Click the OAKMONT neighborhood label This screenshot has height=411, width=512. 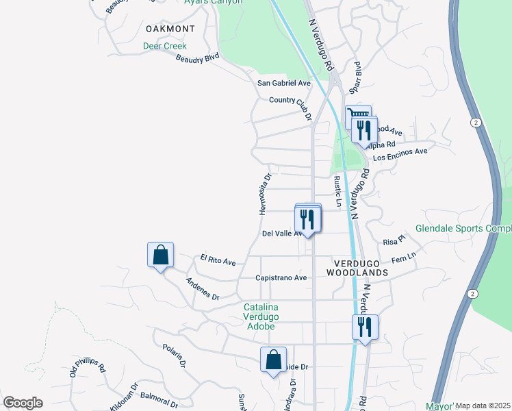[x=170, y=29]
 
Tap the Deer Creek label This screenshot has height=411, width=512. [x=164, y=47]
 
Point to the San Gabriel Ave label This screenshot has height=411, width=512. [x=283, y=83]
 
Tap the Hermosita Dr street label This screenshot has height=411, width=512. [x=266, y=194]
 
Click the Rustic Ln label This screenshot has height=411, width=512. [x=337, y=191]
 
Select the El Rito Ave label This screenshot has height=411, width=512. [x=218, y=260]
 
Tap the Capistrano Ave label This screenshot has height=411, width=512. [x=281, y=278]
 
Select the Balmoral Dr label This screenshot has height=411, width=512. [x=159, y=396]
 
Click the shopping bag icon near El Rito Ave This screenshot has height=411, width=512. [x=160, y=256]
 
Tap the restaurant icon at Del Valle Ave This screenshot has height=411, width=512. [x=307, y=219]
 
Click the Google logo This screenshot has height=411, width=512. [x=23, y=403]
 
